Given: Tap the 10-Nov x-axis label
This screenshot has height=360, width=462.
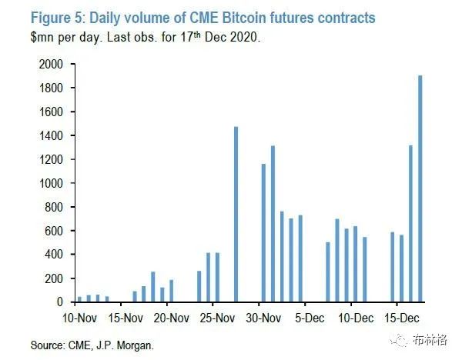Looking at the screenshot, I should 79,316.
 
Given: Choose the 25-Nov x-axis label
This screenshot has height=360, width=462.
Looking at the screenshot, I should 216,316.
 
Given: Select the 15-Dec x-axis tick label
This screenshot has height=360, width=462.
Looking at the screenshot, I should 397,316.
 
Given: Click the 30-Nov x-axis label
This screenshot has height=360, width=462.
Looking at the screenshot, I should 260,316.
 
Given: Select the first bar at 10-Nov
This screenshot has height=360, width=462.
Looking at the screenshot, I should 79,299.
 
